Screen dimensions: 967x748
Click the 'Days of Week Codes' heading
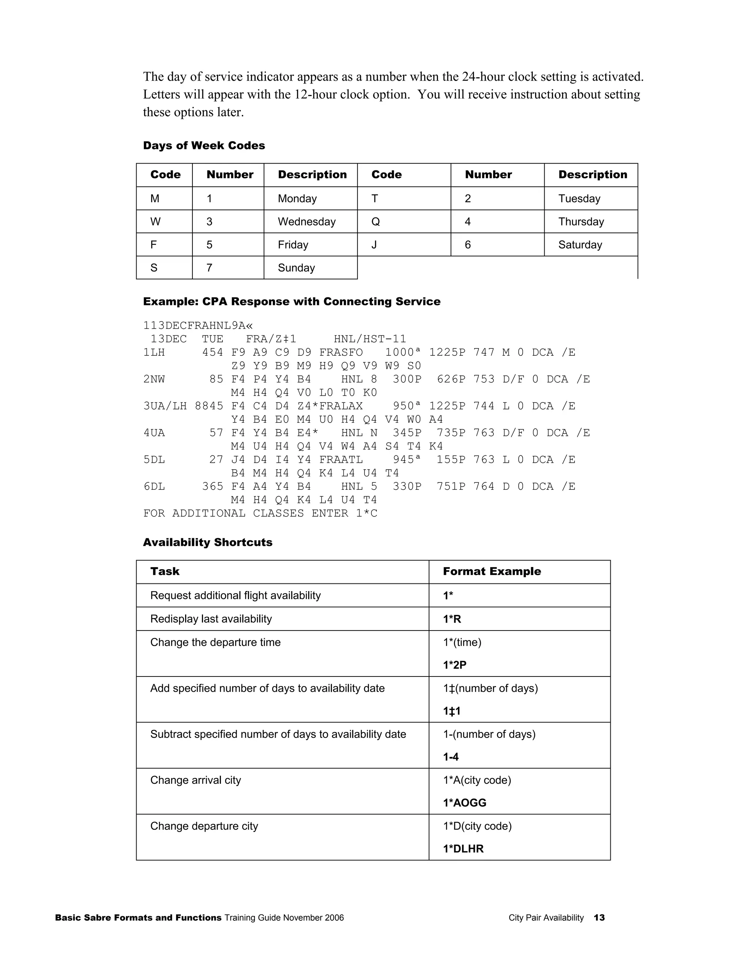coord(204,146)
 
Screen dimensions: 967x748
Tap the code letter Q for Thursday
coord(375,221)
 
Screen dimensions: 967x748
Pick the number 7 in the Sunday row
coord(209,268)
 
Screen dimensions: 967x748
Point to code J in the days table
coord(374,245)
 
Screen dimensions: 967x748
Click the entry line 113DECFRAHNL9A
coord(198,326)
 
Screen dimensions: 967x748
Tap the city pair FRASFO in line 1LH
coord(340,352)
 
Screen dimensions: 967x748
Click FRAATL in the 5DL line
coord(340,459)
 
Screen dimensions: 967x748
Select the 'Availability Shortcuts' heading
coord(207,542)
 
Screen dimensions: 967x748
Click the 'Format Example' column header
coord(492,571)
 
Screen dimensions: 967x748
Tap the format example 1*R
coord(452,619)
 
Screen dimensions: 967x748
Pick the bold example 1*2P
coord(455,665)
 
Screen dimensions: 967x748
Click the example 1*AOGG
coord(465,803)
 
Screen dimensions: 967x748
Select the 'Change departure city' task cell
coord(204,826)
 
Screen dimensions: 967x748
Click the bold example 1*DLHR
coord(463,849)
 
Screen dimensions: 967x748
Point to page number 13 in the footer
coord(599,918)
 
